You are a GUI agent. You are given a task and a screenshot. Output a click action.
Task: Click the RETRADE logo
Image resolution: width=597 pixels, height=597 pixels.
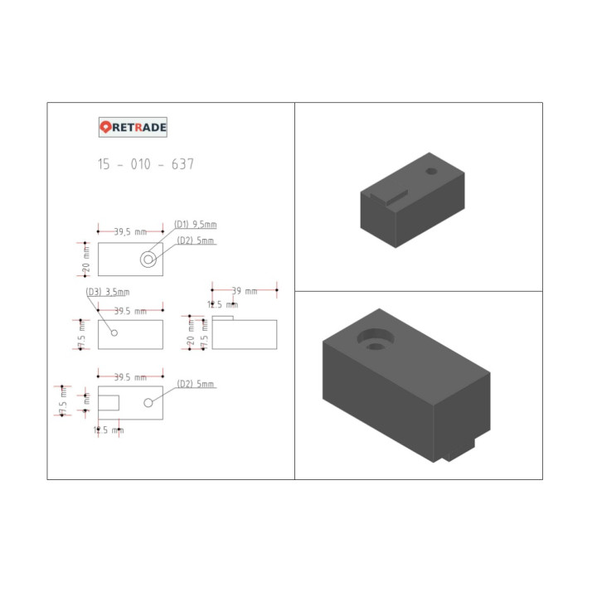point(133,127)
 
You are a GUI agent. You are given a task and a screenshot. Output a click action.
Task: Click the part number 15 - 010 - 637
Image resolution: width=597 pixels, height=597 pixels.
point(146,164)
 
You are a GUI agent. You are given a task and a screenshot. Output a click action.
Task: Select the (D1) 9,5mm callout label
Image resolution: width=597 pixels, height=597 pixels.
point(196,224)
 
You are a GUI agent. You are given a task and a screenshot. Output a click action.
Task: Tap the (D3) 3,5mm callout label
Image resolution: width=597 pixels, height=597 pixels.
point(108,292)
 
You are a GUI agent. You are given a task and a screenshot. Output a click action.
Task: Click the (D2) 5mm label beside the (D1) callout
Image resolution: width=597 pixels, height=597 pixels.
point(196,240)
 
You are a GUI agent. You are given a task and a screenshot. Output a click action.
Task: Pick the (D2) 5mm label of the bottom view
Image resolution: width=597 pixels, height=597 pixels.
point(196,384)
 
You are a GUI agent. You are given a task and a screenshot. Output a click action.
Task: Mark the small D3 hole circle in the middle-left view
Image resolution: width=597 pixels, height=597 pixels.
point(114,332)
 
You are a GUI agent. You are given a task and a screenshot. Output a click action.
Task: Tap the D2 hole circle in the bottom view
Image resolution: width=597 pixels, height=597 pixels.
point(148,402)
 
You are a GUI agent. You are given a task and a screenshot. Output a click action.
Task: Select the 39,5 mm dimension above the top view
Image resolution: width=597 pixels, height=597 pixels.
point(130,232)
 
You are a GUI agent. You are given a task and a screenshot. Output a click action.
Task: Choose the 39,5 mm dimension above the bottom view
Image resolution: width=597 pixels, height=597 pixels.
point(130,377)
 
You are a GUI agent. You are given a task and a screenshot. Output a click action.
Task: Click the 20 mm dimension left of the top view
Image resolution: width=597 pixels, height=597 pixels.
point(86,259)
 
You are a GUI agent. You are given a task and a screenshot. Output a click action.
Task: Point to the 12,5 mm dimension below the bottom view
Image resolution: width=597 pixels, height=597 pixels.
point(109,430)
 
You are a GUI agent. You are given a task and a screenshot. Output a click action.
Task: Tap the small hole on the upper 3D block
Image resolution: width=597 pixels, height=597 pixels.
point(431,170)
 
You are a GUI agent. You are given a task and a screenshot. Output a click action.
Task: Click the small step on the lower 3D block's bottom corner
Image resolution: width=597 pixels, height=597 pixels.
point(458,452)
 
